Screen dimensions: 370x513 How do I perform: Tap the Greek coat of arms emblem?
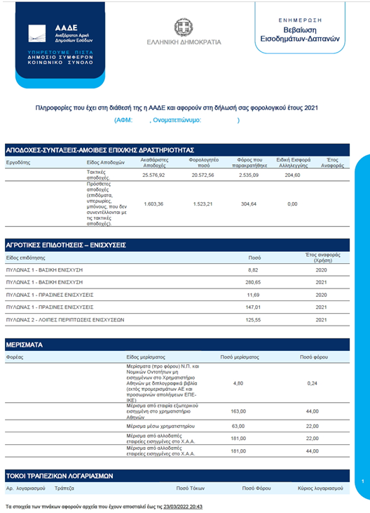click(x=184, y=29)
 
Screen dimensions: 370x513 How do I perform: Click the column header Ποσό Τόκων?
click(x=191, y=486)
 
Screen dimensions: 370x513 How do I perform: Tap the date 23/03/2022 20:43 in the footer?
click(x=181, y=505)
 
